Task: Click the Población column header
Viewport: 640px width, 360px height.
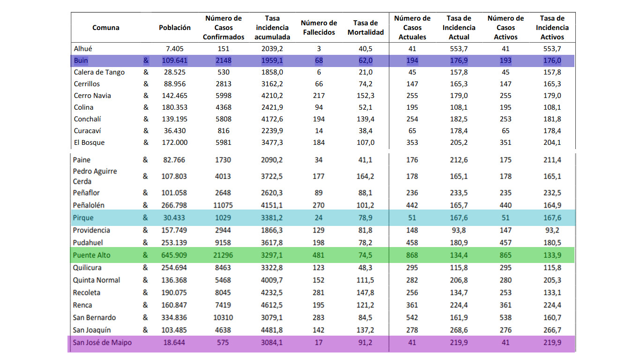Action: coord(175,28)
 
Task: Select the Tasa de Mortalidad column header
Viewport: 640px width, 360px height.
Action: coord(365,28)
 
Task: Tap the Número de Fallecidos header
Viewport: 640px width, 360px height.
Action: coord(319,28)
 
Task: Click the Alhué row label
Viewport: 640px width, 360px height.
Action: coord(83,49)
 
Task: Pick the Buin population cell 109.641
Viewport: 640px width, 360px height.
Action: coord(175,60)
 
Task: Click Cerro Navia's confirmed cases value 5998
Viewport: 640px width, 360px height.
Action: coord(223,96)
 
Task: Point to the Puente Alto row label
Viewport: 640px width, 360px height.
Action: coord(91,255)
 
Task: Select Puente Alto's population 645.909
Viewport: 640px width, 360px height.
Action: coord(174,255)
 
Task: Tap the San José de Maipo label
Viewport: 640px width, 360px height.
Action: coord(102,343)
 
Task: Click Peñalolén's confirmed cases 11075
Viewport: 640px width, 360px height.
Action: coord(223,205)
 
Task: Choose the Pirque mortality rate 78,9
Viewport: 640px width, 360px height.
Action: coord(365,218)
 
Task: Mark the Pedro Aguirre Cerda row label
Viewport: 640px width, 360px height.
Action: coord(95,176)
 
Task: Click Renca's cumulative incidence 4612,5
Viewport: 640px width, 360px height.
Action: coord(272,305)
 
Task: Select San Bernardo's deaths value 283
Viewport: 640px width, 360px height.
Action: coord(318,318)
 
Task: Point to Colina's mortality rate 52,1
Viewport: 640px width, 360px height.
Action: coord(365,107)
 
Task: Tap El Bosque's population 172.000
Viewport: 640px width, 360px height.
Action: coord(175,142)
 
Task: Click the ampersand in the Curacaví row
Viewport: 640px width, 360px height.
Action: coord(146,131)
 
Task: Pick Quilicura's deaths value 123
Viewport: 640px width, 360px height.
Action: coord(318,268)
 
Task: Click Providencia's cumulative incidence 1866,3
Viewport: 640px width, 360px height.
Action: coord(272,230)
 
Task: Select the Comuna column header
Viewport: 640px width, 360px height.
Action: coord(106,28)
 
